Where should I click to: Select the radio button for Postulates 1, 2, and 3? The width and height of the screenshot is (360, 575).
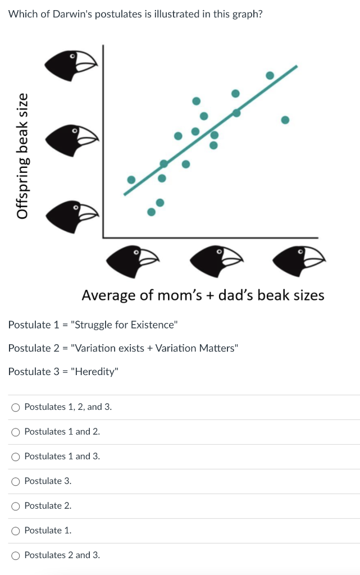(16, 407)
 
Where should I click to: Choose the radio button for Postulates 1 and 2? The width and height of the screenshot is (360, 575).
(16, 432)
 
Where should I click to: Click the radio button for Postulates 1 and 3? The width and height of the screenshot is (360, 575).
(16, 457)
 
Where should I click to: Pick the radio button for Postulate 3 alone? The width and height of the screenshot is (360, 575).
(16, 481)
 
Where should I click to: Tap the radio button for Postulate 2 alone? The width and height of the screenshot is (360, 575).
(16, 506)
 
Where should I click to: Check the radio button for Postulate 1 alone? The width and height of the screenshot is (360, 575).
(16, 531)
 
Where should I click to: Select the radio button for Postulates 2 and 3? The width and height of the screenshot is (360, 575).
(16, 555)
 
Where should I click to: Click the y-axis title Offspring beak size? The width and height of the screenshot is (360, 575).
(22, 156)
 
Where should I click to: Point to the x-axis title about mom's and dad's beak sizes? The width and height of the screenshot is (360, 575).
(203, 295)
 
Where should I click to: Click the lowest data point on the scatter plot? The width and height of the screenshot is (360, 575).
(151, 212)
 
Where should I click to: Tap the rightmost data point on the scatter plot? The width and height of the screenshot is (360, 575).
(285, 120)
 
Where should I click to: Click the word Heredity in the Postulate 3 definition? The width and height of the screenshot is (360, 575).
(95, 372)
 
